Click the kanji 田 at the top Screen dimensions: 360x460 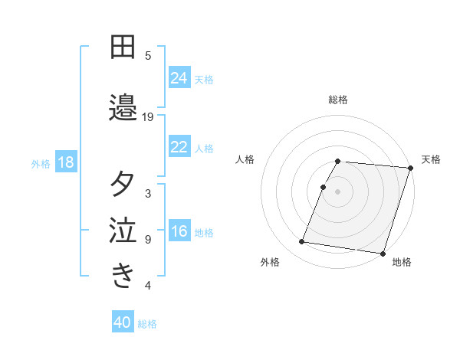coord(123,47)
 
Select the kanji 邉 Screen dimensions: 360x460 coord(123,108)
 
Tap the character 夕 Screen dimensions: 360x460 coord(123,185)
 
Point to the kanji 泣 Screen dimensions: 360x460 coord(123,231)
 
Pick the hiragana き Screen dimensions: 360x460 coord(123,275)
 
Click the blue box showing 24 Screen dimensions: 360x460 coord(179,78)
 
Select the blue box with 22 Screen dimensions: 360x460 coord(179,147)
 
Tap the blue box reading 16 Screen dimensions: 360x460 coord(179,232)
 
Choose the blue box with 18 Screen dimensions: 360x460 coord(64,162)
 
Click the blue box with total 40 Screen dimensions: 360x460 coord(123,322)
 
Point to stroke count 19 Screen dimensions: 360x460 coord(148,117)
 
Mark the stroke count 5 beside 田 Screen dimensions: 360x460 coord(148,55)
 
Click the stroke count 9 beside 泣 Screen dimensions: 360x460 coord(148,240)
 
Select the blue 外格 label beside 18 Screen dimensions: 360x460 coord(41,163)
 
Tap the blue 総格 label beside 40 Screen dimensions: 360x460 coord(147,324)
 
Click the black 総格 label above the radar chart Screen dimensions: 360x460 coord(338,100)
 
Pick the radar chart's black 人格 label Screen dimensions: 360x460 coord(245,159)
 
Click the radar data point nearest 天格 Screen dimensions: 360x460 coord(410,168)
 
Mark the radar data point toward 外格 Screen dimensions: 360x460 coord(302,242)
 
